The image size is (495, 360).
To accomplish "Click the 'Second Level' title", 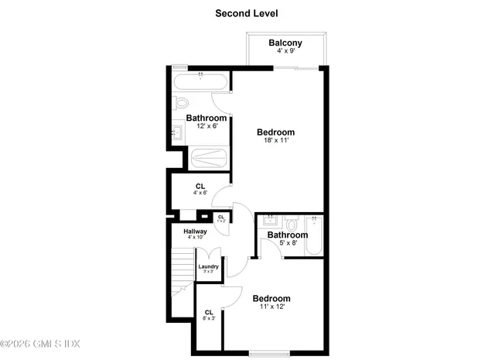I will click(247, 13).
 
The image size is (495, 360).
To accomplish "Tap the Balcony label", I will click(285, 43).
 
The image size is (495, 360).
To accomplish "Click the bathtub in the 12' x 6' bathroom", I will click(200, 83).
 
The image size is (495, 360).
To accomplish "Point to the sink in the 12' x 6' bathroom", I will click(176, 133).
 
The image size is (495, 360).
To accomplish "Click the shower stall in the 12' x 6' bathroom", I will click(210, 158).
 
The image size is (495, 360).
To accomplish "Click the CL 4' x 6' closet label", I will click(200, 187).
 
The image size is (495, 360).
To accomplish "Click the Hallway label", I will click(195, 231).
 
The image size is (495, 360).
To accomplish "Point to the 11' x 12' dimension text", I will click(272, 307).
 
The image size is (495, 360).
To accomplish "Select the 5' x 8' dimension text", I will click(287, 243).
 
